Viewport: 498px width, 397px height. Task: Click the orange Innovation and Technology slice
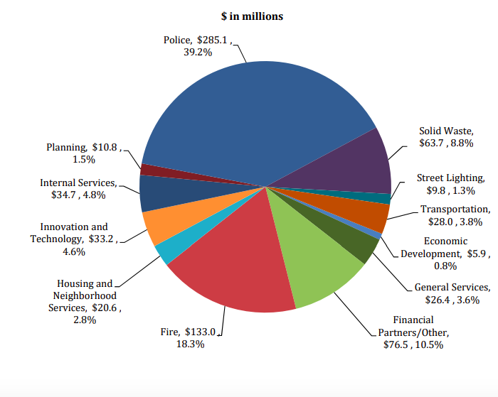[x=160, y=225]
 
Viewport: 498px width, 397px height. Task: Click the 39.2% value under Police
[x=197, y=52]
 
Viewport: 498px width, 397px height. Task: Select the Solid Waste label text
[x=446, y=131]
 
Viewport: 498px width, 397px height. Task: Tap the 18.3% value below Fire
[x=191, y=344]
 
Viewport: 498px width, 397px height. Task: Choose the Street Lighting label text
[x=451, y=178]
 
